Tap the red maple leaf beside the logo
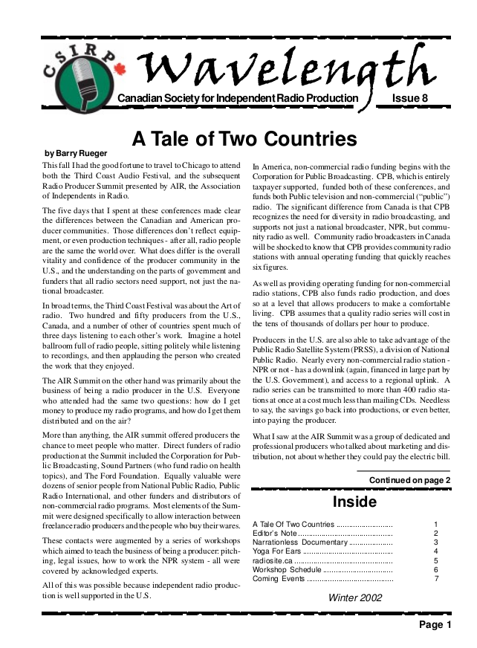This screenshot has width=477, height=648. [x=120, y=68]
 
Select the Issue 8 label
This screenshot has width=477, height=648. [x=409, y=99]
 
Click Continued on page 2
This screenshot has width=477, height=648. [x=409, y=480]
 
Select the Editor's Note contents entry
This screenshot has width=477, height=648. [x=275, y=534]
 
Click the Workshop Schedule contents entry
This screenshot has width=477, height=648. [x=287, y=569]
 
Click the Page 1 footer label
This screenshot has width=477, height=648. [x=435, y=625]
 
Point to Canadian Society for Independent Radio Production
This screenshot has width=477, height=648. [x=238, y=99]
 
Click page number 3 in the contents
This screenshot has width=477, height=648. [x=436, y=542]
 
